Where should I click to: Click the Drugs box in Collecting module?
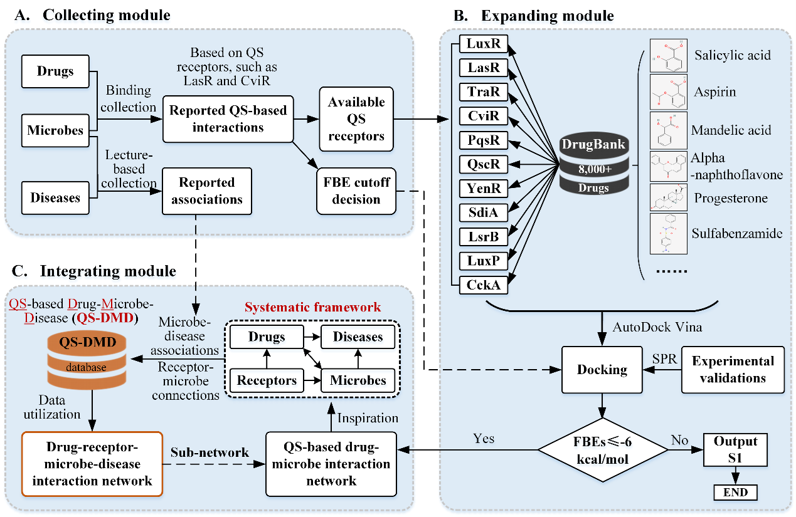56,71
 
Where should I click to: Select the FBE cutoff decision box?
356,191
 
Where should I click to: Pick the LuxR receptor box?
483,44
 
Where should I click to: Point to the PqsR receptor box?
483,140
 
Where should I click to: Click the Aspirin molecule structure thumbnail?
668,92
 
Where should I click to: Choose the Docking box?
602,369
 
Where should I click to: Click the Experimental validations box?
733,369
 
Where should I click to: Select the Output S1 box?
736,449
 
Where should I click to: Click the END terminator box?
736,492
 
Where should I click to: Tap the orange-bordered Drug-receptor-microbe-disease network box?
92,463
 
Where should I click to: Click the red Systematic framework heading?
312,307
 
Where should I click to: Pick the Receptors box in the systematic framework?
267,380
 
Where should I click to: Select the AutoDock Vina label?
649,328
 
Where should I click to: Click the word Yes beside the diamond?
484,438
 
